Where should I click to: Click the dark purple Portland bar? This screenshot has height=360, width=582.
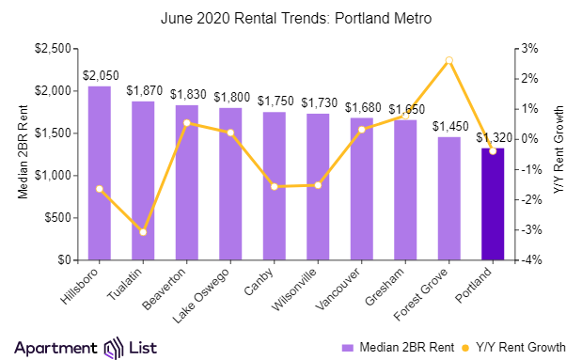click(x=493, y=204)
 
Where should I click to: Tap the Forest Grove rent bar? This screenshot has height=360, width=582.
click(x=449, y=198)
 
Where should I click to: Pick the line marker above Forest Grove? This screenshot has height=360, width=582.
click(x=449, y=60)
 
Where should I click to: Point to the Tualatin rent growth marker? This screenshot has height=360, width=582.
click(x=143, y=231)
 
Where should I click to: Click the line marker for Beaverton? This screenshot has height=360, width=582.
click(x=187, y=122)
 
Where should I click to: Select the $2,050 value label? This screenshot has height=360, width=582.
click(x=100, y=75)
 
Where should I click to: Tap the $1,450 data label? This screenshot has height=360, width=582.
click(x=449, y=126)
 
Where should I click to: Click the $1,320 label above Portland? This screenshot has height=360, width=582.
click(x=493, y=137)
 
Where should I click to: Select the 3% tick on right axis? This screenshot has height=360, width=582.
click(x=530, y=48)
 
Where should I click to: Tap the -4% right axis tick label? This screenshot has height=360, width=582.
click(x=530, y=259)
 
